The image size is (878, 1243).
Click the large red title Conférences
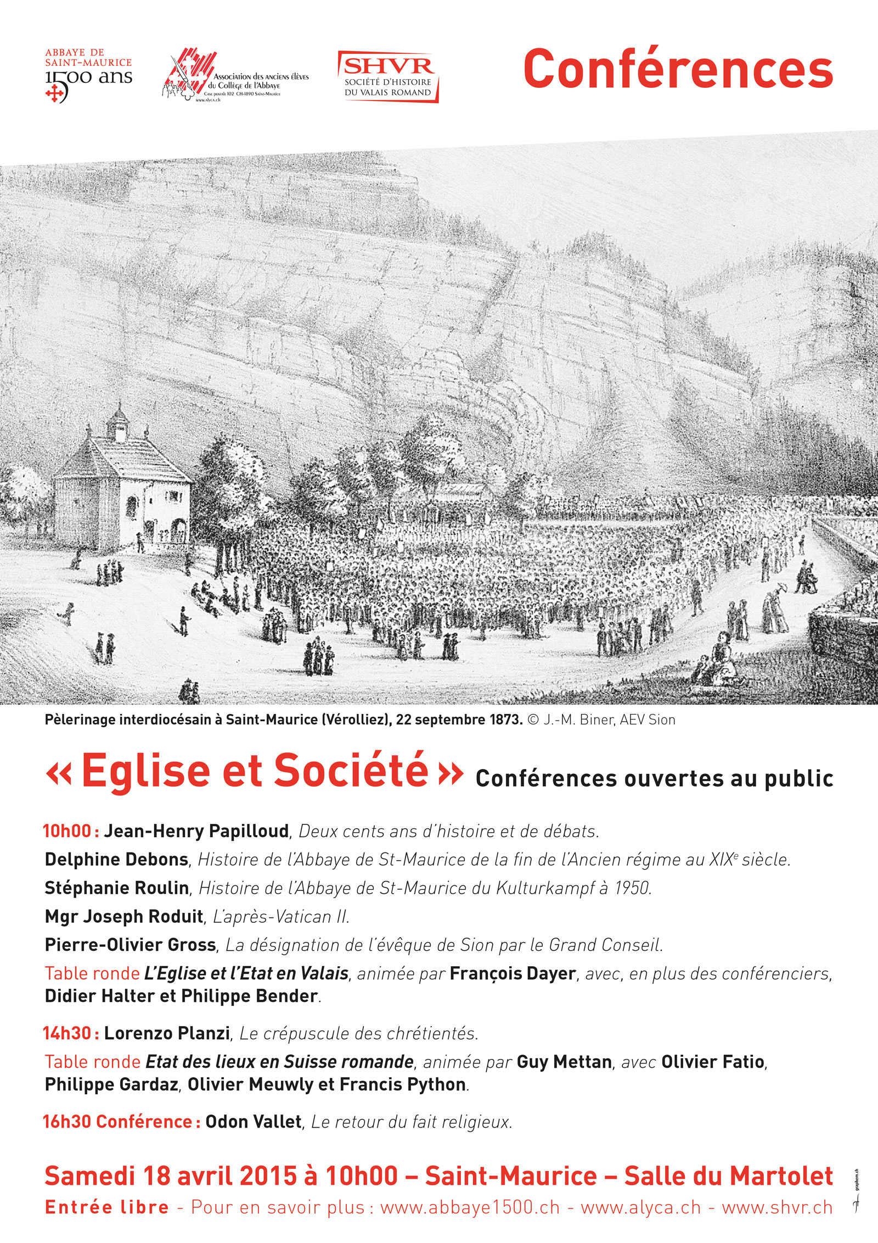[678, 69]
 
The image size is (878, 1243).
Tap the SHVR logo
[388, 76]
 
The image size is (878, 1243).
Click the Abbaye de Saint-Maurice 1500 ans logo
[88, 76]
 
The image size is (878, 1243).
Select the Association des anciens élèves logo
[236, 77]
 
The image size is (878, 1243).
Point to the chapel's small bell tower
[117, 423]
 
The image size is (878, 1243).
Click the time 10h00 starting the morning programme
[67, 831]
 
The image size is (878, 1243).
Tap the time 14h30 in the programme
[67, 1033]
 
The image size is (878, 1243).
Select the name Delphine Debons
[117, 859]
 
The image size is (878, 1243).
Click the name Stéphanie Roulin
[117, 888]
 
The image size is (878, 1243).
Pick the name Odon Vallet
[254, 1122]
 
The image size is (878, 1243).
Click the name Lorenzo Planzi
[167, 1033]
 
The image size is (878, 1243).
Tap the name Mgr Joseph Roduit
[124, 916]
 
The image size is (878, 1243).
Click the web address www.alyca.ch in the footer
[641, 1207]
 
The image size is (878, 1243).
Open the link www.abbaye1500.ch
[470, 1207]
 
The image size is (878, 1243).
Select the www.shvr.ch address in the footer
[777, 1207]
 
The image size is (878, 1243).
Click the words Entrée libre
[107, 1207]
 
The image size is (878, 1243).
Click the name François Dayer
[513, 973]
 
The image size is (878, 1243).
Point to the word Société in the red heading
[351, 770]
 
